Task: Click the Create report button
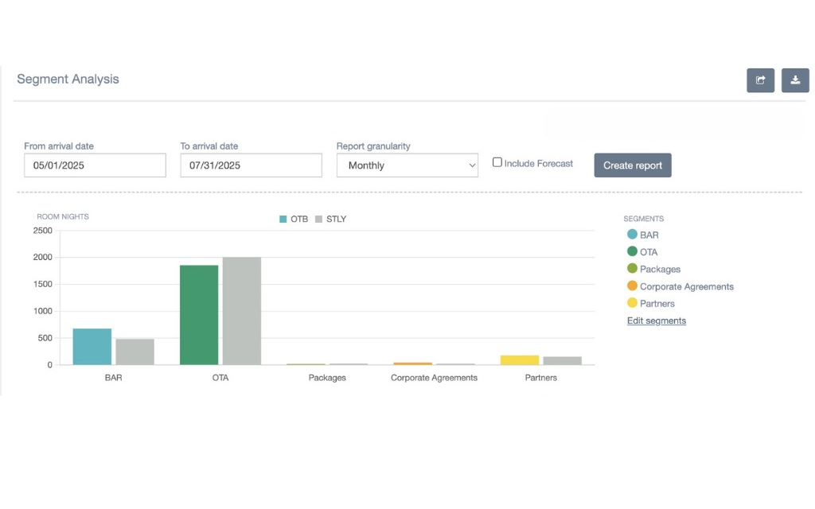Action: click(x=633, y=165)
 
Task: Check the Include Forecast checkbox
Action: click(x=497, y=162)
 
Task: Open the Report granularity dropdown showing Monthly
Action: click(x=407, y=165)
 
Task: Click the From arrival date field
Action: click(x=96, y=165)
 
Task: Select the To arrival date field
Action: click(x=251, y=165)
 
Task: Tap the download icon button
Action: click(x=795, y=80)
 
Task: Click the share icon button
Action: click(x=760, y=80)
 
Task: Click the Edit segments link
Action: click(x=657, y=321)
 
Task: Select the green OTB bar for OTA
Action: click(x=199, y=315)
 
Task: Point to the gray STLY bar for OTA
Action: click(x=242, y=311)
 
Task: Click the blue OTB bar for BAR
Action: click(x=92, y=347)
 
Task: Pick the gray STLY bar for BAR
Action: click(x=135, y=352)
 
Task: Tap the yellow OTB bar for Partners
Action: click(x=520, y=360)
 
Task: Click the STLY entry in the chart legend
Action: click(x=330, y=220)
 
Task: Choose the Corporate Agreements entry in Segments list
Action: click(x=680, y=286)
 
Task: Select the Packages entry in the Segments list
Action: click(x=654, y=269)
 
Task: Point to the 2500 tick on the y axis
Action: click(x=43, y=231)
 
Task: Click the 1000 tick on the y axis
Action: click(x=43, y=311)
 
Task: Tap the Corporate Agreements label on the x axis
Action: click(x=434, y=378)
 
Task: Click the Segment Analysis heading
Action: click(x=68, y=79)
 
